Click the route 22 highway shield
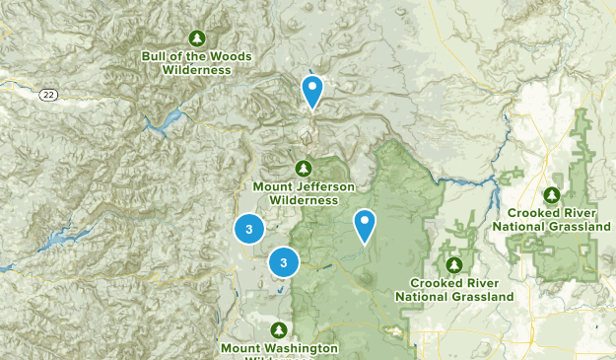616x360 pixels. (x=47, y=95)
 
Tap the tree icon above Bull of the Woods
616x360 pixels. (x=197, y=38)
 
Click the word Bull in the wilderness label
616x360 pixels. (x=156, y=55)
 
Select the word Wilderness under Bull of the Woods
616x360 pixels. (x=197, y=69)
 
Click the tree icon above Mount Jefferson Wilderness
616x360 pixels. (x=304, y=167)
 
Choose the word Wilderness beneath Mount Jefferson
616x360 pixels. (x=303, y=199)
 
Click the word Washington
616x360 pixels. (x=300, y=347)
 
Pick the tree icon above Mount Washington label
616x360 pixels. (x=278, y=329)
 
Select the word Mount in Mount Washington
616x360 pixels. (x=240, y=347)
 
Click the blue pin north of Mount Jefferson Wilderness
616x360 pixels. (x=312, y=91)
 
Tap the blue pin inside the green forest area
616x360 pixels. (x=365, y=225)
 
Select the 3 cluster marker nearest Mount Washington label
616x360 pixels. (x=284, y=262)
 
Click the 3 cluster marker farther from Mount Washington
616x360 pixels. (x=249, y=229)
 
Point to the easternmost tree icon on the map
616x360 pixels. (x=552, y=195)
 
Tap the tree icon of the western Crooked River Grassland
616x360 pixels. (x=454, y=264)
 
